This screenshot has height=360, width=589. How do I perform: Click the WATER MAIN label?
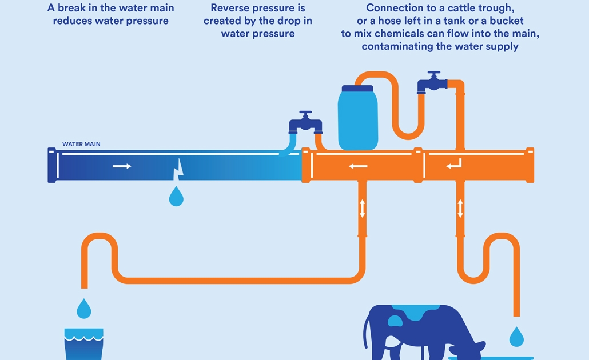pos(81,144)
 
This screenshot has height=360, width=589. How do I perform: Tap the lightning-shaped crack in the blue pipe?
pos(179,167)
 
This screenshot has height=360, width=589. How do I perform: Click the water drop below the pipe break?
pos(176,197)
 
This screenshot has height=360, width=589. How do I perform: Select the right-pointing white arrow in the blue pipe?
pos(122,166)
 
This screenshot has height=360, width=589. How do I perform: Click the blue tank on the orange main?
pos(358,120)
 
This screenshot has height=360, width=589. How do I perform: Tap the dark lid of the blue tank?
pos(358,89)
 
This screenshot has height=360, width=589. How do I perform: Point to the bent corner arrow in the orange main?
pos(455,165)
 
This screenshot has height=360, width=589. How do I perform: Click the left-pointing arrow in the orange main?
pos(359,166)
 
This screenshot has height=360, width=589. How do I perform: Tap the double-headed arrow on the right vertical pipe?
pos(460,208)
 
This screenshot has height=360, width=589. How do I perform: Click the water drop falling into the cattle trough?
pos(516,336)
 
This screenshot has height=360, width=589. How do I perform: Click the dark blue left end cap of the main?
pos(52,165)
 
